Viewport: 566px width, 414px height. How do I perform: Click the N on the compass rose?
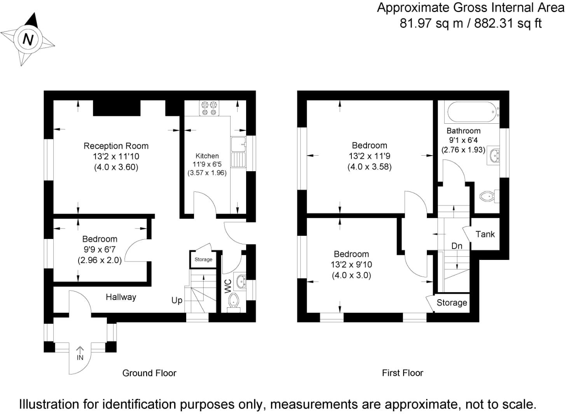(x=28, y=39)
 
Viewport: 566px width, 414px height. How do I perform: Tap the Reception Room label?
(x=116, y=146)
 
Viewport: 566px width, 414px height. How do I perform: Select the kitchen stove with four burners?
(x=209, y=108)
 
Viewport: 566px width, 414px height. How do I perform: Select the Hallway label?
(x=121, y=297)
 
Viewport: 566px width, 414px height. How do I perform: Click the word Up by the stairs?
(x=177, y=300)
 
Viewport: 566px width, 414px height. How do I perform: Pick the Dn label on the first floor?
(x=457, y=246)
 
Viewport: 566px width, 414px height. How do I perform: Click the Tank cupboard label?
(x=485, y=234)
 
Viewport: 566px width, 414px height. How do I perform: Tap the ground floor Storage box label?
(x=203, y=260)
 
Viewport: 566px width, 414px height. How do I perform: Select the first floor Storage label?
(x=452, y=303)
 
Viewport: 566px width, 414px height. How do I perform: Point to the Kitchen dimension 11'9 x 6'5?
(x=207, y=164)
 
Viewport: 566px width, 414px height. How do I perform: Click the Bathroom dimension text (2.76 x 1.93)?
(x=463, y=149)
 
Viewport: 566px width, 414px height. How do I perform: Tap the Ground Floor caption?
(x=149, y=373)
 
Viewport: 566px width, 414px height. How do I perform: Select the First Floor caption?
(x=402, y=373)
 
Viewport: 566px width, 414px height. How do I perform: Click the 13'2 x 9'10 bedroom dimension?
(x=351, y=265)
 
